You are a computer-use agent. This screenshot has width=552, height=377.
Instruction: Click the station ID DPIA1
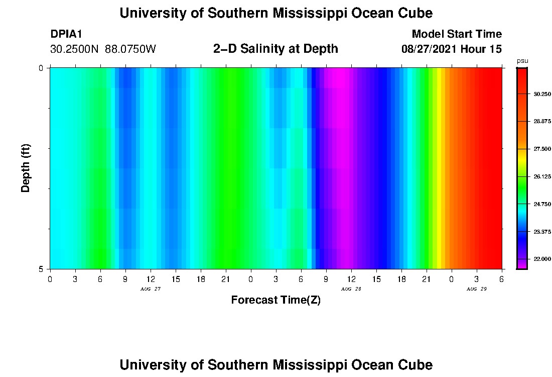coord(66,34)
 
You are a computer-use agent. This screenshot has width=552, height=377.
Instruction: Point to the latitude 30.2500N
coord(75,49)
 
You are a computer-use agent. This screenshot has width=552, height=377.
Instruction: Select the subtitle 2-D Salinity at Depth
coord(275,49)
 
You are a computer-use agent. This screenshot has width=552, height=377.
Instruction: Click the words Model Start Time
coord(457,34)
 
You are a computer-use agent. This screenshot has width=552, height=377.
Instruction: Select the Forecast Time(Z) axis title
coord(275,300)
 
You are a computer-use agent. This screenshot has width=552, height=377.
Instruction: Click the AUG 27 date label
coord(150,289)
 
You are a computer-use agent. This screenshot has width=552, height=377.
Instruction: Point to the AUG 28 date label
coord(351,289)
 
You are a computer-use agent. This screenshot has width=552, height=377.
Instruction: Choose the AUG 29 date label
coord(476,289)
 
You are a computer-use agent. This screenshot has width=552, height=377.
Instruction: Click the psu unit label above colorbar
coord(522,61)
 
